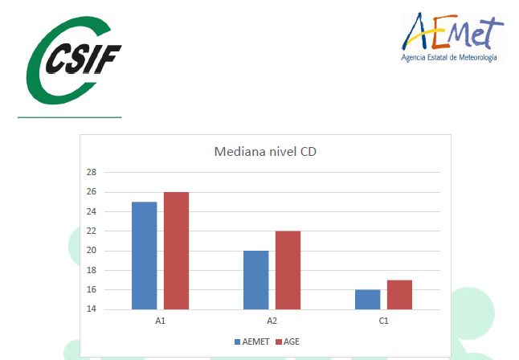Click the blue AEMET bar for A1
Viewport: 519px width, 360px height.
[x=145, y=256]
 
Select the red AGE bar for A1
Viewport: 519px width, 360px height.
[x=177, y=251]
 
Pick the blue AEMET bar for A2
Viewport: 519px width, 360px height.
[x=255, y=280]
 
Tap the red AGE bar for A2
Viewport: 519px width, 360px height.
[x=288, y=270]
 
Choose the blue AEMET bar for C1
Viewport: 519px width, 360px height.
[x=368, y=300]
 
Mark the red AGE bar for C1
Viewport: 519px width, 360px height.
[x=399, y=295]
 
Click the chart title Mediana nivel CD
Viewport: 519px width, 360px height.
[x=265, y=152]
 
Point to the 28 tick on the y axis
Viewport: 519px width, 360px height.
[x=92, y=172]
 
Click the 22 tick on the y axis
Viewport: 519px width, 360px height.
[x=92, y=231]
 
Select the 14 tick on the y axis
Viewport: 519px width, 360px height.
[x=92, y=309]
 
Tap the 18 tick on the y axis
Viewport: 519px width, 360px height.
[x=92, y=270]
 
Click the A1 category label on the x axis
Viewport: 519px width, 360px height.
[x=160, y=321]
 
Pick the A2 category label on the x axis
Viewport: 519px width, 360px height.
[x=272, y=321]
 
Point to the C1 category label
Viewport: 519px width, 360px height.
[x=383, y=321]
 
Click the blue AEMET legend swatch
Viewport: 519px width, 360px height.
[x=237, y=342]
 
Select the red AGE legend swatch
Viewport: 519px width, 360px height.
[x=279, y=342]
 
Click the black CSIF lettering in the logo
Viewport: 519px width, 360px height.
[x=84, y=59]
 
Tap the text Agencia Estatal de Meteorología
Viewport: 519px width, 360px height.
[x=449, y=58]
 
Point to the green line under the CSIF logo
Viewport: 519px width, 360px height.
[x=70, y=117]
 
